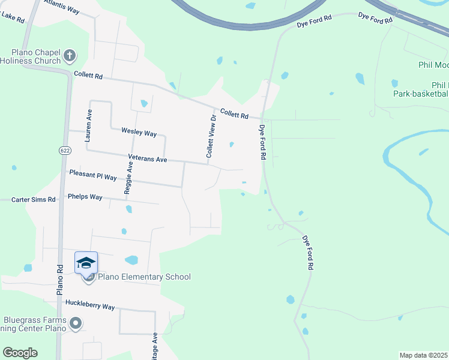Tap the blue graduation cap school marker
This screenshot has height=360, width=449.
[86, 263]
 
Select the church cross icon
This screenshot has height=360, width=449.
[69, 56]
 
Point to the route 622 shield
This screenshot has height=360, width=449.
[64, 151]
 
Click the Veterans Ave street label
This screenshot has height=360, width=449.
[148, 160]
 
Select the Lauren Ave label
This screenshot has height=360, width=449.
[88, 125]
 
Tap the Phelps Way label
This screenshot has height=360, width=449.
[85, 196]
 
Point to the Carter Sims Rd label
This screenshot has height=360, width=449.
[34, 199]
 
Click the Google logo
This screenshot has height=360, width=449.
[20, 353]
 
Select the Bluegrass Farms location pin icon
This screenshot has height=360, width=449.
[75, 324]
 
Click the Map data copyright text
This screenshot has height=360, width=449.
[424, 355]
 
